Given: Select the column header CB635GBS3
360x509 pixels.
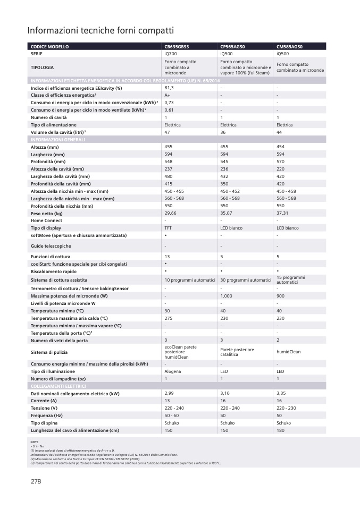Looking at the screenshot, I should click(x=177, y=47).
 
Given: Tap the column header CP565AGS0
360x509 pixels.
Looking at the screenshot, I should click(x=232, y=47).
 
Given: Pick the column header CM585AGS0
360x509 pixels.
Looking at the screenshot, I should click(x=289, y=47).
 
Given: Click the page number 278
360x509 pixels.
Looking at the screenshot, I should click(x=35, y=481).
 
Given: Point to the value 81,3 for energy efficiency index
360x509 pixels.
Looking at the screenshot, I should click(x=169, y=88).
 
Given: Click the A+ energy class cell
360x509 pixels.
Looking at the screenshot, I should click(x=168, y=95).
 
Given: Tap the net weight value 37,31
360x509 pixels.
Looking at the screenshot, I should click(x=282, y=213).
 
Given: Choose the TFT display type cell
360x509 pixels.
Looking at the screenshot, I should click(x=168, y=228).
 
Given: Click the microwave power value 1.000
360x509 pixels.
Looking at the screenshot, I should click(x=227, y=295).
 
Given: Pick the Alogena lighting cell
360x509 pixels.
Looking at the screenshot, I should click(x=173, y=371).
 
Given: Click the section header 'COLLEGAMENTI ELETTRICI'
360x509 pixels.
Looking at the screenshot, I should click(x=58, y=386).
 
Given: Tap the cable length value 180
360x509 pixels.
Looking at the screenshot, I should click(x=280, y=430).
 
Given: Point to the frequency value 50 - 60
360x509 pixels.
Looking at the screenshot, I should click(x=171, y=415).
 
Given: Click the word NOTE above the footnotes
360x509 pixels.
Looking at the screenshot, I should click(x=35, y=442).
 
